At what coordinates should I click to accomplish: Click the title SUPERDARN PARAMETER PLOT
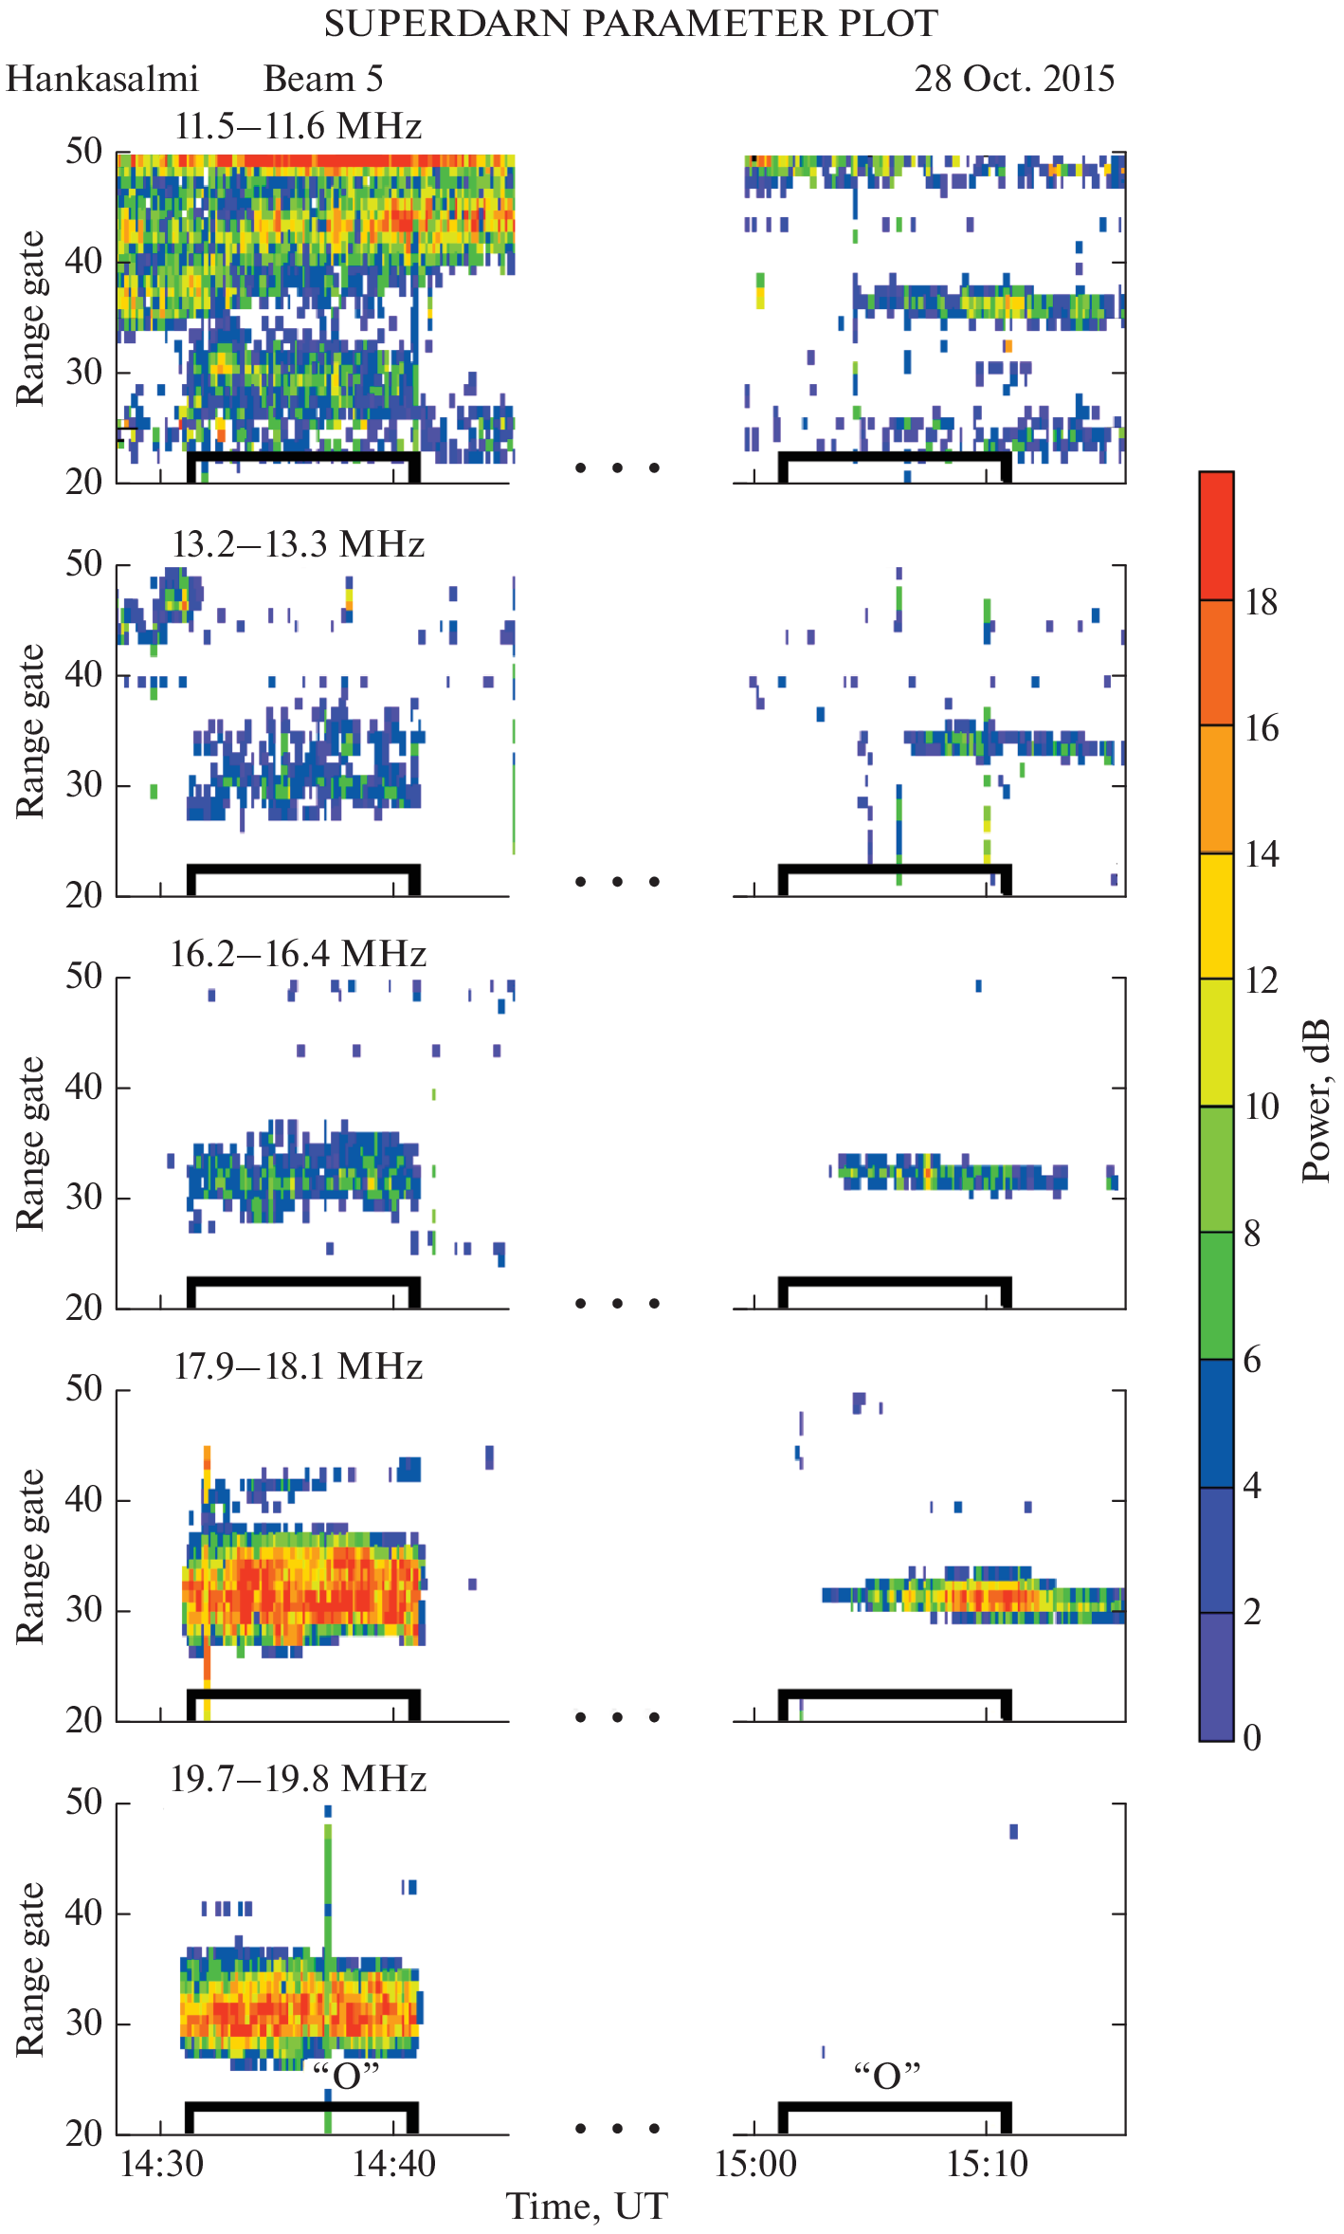[x=630, y=24]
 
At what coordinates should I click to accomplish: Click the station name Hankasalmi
[x=102, y=79]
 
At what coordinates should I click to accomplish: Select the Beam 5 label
[x=323, y=79]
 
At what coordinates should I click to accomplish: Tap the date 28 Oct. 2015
[x=1014, y=79]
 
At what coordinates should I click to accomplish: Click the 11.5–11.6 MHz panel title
[x=299, y=126]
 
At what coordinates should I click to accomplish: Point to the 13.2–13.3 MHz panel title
[x=299, y=544]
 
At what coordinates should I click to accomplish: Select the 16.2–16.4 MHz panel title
[x=299, y=954]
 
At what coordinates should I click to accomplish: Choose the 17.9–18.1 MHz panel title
[x=299, y=1366]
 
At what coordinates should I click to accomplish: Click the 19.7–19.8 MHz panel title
[x=299, y=1778]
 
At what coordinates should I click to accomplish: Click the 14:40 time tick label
[x=393, y=2165]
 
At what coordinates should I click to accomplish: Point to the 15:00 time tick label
[x=755, y=2165]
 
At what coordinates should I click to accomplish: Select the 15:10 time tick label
[x=987, y=2165]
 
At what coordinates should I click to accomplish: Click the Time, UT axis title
[x=587, y=2207]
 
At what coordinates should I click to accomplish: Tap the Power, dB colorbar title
[x=1317, y=1101]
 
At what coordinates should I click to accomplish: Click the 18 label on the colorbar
[x=1262, y=601]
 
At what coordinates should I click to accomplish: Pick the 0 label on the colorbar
[x=1252, y=1738]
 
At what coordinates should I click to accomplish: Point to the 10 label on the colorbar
[x=1262, y=1107]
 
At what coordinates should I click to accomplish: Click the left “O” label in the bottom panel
[x=346, y=2076]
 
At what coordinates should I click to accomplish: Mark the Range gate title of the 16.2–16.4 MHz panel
[x=30, y=1144]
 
